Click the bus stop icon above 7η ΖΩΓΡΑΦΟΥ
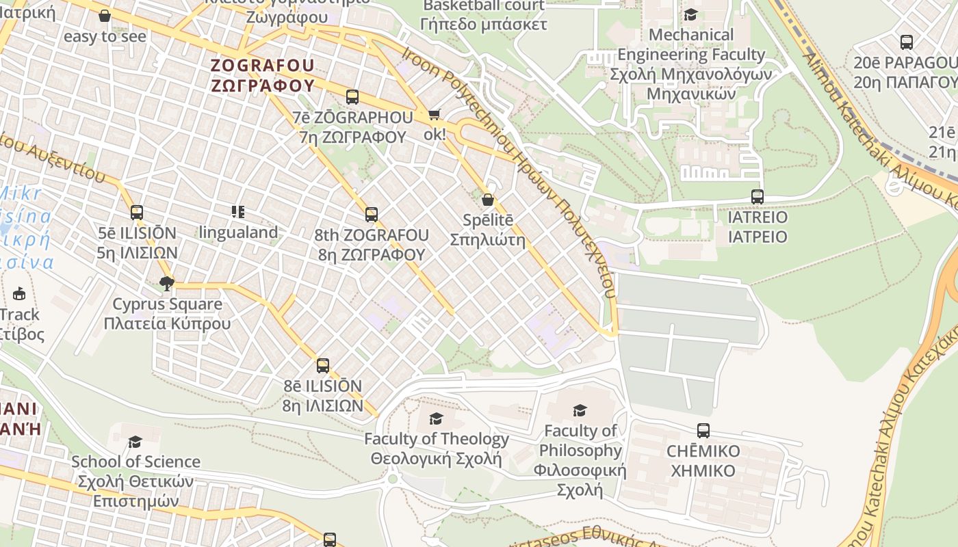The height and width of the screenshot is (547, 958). [352, 97]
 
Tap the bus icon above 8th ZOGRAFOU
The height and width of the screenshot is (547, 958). [372, 215]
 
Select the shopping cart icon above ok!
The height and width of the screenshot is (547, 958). [434, 114]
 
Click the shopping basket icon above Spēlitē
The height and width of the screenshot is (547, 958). [488, 200]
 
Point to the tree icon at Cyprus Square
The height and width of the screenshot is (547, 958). [166, 283]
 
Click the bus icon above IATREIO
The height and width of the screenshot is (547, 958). [757, 197]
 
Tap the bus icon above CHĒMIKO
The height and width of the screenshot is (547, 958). [703, 431]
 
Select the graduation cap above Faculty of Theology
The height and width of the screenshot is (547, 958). [436, 418]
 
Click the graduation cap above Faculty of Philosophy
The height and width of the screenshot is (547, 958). [580, 410]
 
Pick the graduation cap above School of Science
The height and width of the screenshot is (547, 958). [135, 442]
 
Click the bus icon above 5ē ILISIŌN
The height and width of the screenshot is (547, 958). [137, 213]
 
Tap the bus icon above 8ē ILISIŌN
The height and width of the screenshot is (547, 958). [323, 366]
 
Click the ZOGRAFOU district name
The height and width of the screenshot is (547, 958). [263, 66]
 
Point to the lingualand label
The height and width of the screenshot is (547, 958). [239, 232]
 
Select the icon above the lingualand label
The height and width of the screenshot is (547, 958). [237, 212]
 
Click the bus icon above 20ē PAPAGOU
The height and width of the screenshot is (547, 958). [907, 42]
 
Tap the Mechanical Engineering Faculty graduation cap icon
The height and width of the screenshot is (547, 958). [690, 14]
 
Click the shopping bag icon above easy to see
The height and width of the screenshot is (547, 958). [105, 16]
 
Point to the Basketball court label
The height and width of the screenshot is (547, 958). [484, 7]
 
